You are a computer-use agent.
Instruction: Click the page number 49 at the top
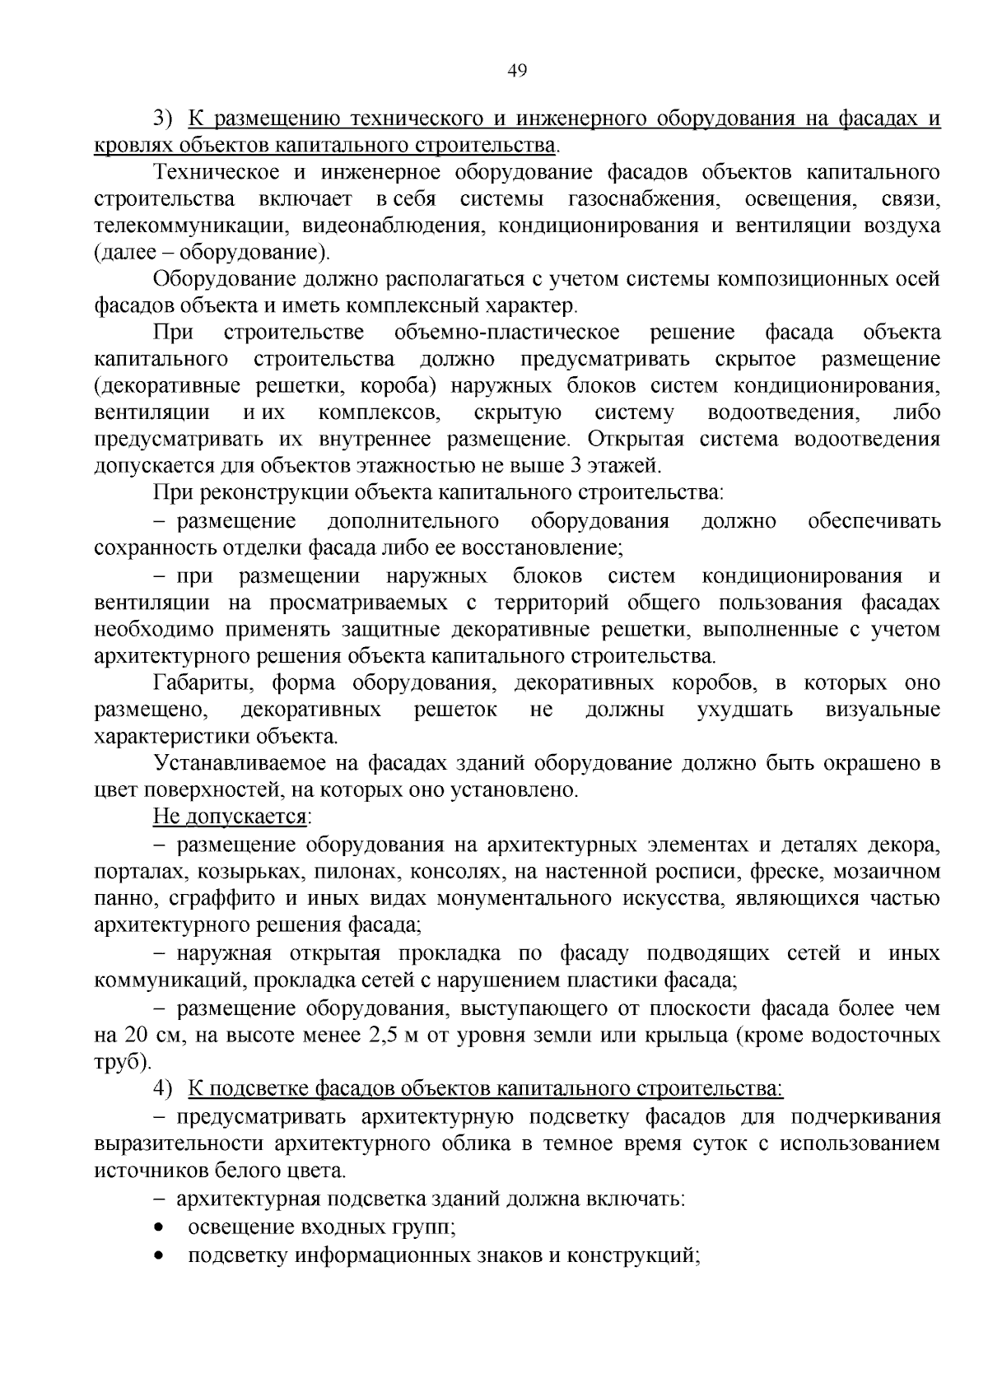[517, 71]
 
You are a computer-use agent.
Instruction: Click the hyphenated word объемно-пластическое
[507, 333]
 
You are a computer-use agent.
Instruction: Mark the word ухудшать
[745, 710]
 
